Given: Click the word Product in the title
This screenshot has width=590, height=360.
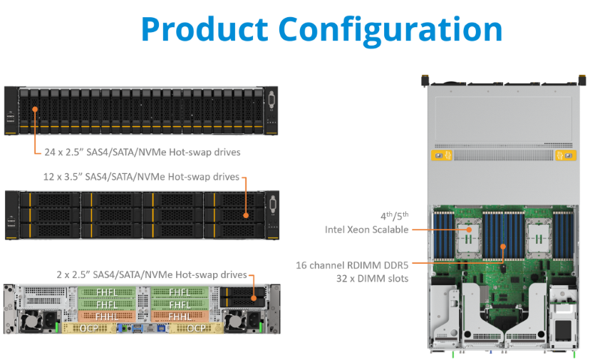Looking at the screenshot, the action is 205,29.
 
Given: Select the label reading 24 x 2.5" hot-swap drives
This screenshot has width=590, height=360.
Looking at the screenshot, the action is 143,152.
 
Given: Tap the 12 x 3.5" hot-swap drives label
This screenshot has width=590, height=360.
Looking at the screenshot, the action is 141,177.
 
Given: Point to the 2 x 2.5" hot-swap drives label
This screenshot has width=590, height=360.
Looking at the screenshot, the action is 152,274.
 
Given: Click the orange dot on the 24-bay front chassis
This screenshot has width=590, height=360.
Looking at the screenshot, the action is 35,109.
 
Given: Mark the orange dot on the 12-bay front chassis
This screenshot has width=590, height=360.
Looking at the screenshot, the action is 246,215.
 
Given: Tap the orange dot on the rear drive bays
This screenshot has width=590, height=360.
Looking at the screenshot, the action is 254,298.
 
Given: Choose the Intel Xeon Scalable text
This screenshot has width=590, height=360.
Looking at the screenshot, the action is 366,230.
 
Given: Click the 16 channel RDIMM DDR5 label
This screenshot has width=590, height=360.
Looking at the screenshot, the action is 352,265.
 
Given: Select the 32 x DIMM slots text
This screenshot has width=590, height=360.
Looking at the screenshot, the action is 372,278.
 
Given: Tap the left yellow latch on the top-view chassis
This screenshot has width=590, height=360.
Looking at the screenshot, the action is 442,155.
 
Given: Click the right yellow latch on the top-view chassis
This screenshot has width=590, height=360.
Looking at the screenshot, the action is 566,155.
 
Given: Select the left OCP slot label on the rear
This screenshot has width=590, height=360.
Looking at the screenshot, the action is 89,329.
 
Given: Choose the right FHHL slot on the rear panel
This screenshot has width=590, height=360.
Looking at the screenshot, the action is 180,317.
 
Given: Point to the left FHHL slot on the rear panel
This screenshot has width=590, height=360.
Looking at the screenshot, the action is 107,317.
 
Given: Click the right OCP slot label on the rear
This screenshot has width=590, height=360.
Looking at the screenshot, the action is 197,329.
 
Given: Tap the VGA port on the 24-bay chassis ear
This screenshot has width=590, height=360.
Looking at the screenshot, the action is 271,101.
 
